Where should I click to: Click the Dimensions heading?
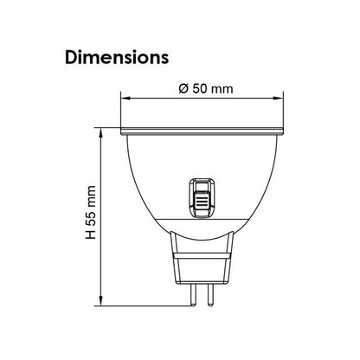coord(116,58)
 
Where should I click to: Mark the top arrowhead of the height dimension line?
coord(103,134)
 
